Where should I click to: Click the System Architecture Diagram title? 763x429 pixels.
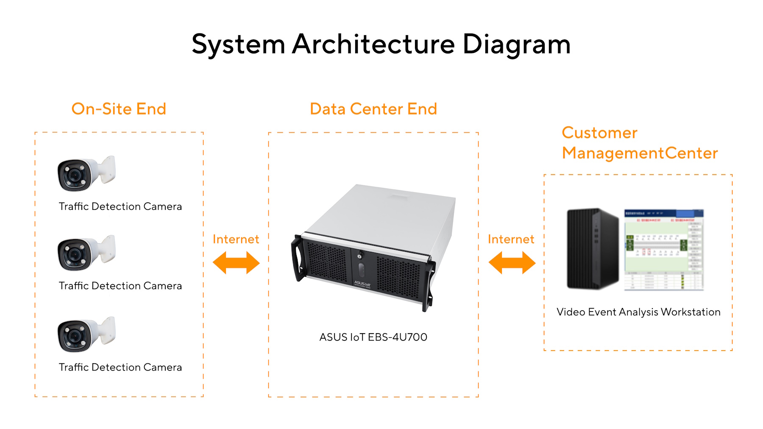[x=381, y=44]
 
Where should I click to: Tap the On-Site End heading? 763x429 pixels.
[x=119, y=109]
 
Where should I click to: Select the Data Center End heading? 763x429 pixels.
[x=373, y=109]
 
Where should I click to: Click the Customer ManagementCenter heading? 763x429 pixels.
[x=639, y=143]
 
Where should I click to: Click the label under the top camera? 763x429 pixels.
[x=120, y=206]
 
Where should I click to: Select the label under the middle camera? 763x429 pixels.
[x=120, y=286]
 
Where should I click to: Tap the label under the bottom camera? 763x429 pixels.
[x=120, y=367]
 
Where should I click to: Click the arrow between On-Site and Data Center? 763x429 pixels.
[x=236, y=263]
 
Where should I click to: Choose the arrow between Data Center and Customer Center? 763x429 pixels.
[x=512, y=263]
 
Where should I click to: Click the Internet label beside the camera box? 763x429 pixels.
[x=236, y=239]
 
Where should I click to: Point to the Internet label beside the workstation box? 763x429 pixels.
[x=511, y=239]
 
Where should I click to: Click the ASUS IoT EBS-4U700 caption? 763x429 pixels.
[x=373, y=337]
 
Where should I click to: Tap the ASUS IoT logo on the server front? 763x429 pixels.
[x=362, y=284]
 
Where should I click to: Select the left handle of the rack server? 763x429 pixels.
[x=297, y=259]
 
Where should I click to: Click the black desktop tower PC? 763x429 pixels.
[x=593, y=249]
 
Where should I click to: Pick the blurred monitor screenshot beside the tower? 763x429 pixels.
[x=664, y=250]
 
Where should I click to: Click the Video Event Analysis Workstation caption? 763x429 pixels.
[x=638, y=312]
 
